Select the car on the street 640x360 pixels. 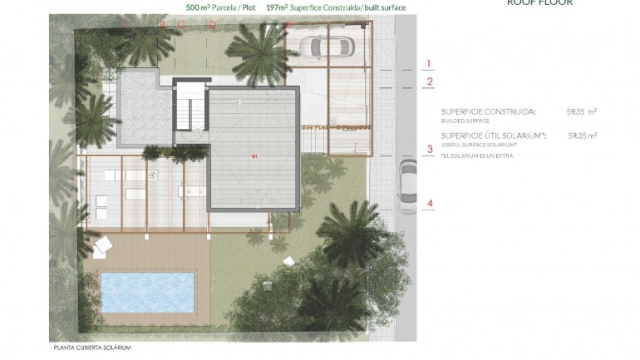(x=407, y=186)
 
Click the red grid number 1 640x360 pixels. (x=429, y=63)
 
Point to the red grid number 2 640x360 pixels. (x=429, y=81)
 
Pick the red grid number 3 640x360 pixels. (x=429, y=150)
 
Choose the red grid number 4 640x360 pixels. (x=429, y=203)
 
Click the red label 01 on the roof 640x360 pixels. (x=254, y=155)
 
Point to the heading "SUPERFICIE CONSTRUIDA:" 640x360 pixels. (x=489, y=111)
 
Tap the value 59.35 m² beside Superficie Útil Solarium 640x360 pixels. (x=582, y=135)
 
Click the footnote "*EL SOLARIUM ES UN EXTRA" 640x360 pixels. (x=477, y=155)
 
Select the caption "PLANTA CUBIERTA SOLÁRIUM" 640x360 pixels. (x=91, y=348)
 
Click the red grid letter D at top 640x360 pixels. (x=212, y=24)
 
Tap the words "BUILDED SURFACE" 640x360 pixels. (x=465, y=121)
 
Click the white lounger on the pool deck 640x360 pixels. (x=104, y=244)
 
